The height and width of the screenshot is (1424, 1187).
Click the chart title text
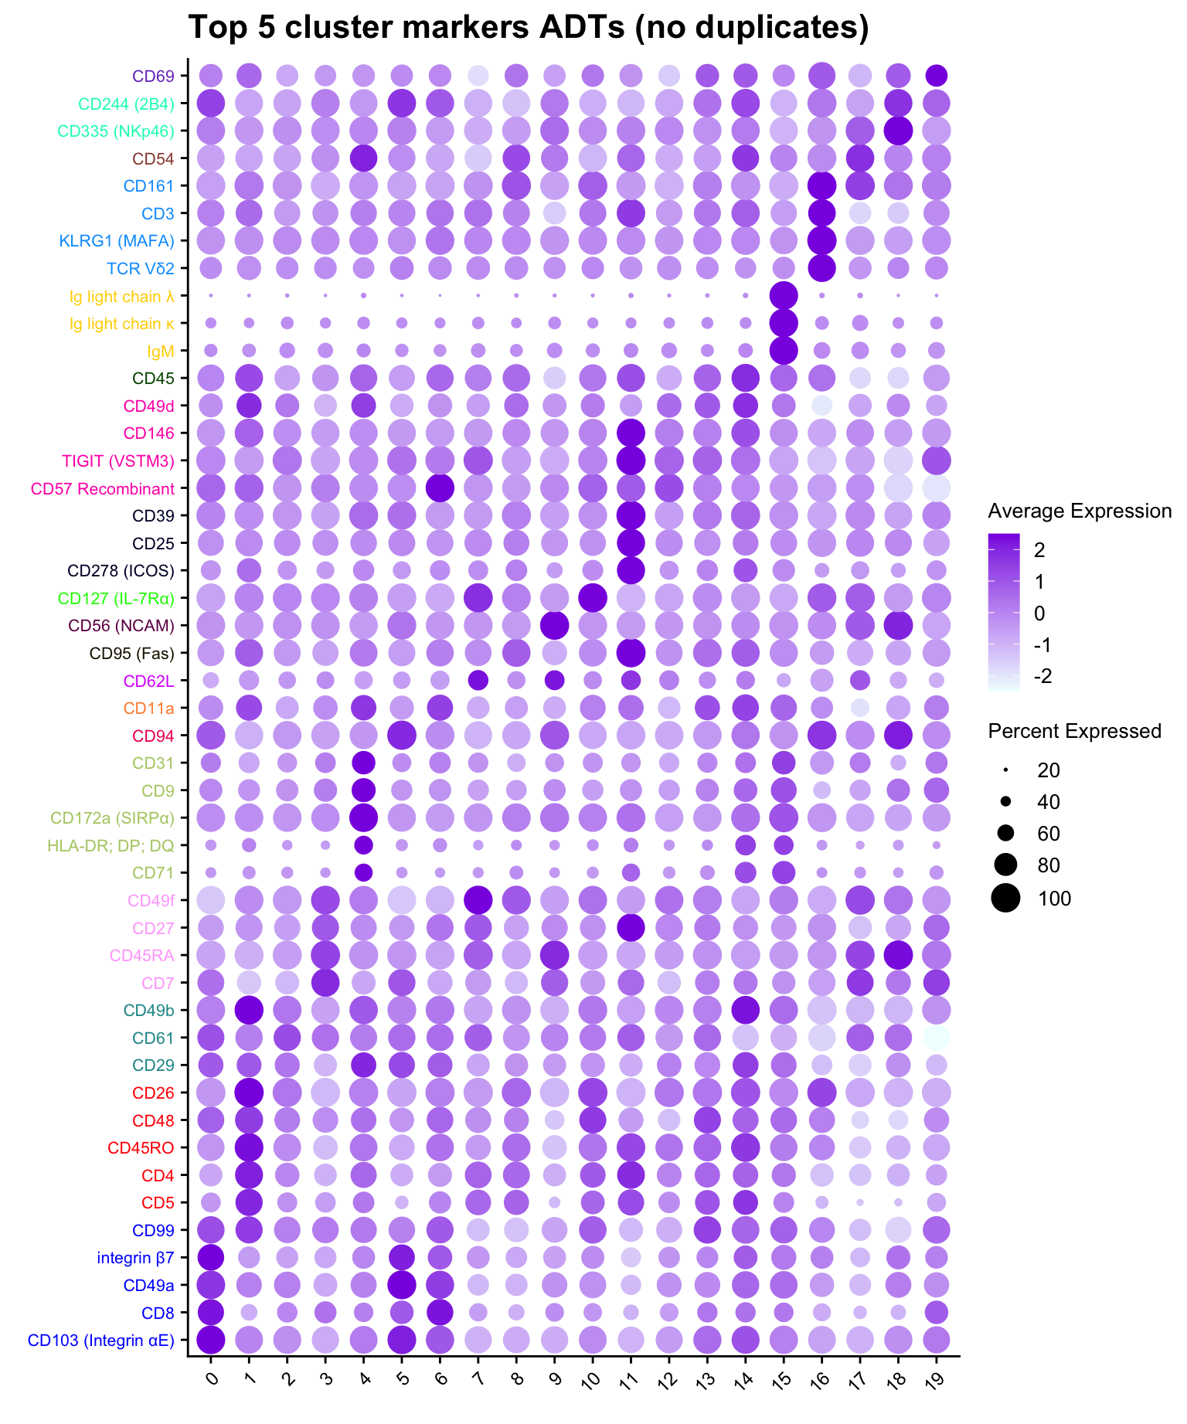[529, 29]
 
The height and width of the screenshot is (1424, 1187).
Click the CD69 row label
[153, 76]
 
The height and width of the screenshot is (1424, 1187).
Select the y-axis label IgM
[161, 351]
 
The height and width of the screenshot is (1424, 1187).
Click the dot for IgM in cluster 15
[784, 351]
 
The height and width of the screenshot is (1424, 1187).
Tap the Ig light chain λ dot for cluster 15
[784, 295]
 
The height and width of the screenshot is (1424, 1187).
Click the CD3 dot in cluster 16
[821, 212]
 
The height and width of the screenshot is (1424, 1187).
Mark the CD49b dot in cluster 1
[249, 1010]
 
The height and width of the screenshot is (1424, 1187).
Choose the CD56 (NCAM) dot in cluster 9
[554, 625]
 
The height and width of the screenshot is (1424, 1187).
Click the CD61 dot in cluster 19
[936, 1038]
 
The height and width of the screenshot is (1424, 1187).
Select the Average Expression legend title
[1080, 511]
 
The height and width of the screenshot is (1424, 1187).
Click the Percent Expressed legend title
[1074, 731]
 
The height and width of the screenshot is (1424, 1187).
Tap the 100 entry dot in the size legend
[1005, 898]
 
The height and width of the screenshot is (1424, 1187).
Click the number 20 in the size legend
[1049, 770]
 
